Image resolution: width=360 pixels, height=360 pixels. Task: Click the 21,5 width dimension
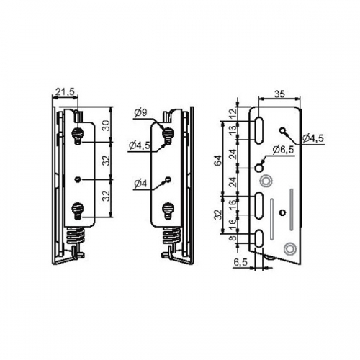click(66, 91)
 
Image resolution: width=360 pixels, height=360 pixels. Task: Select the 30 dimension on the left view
click(107, 125)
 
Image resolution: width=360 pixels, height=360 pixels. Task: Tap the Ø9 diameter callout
click(140, 113)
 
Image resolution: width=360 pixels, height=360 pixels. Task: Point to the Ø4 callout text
click(140, 184)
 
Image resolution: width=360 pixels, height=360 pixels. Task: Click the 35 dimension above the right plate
click(279, 94)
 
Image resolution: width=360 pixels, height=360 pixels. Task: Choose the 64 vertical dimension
click(218, 161)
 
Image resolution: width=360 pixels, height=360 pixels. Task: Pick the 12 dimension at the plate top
click(233, 112)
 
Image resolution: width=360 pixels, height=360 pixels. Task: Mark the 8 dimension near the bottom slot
click(233, 238)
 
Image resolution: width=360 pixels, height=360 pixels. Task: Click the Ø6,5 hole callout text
click(283, 150)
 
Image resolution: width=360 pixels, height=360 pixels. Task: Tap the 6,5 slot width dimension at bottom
click(240, 262)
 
